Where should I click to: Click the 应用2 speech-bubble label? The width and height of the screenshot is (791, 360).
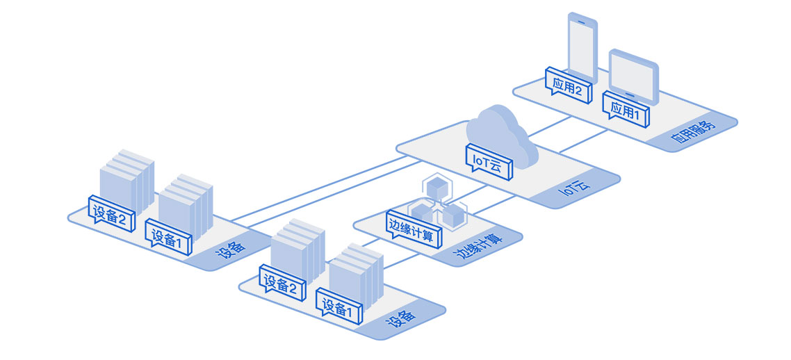pos(568,86)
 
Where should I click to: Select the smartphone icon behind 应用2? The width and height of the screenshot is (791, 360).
pos(582,42)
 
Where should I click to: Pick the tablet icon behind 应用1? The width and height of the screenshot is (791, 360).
pos(635,72)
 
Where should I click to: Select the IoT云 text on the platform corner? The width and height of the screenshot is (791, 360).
pos(574,189)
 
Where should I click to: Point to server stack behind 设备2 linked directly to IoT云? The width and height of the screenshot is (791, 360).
pos(127,177)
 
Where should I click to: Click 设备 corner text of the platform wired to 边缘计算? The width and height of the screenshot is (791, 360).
pos(403,318)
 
